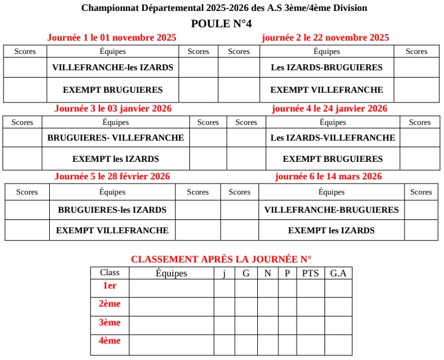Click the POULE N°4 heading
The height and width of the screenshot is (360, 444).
tap(221, 24)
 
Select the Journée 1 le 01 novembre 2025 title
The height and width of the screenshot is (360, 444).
tap(112, 38)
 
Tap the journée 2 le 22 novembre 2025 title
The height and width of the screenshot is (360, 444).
tap(325, 38)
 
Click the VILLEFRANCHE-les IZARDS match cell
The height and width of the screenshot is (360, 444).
tap(113, 67)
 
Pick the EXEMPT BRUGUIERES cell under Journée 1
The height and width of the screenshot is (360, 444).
tap(113, 90)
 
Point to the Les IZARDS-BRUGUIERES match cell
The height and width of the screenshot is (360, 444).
tap(326, 67)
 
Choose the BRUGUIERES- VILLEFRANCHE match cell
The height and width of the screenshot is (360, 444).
tap(115, 138)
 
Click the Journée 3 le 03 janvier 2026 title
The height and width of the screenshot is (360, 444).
tap(113, 109)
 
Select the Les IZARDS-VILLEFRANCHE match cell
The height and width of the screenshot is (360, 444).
tap(332, 138)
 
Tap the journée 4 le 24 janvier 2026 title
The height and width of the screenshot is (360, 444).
tap(329, 109)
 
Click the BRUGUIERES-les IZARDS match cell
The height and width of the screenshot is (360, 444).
tap(112, 210)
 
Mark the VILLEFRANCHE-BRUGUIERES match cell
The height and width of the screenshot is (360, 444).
tap(331, 210)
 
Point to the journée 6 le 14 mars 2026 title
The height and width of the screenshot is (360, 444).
tap(328, 176)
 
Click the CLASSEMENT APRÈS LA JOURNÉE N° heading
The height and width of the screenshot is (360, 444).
tap(221, 259)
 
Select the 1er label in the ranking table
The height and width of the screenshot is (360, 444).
tap(110, 285)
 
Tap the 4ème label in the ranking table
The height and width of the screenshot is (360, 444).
tap(110, 341)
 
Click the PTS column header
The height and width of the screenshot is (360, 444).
tap(311, 273)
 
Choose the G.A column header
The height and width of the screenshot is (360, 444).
tap(338, 273)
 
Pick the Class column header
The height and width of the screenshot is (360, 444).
tap(110, 273)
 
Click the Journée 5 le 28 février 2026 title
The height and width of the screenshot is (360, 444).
tap(112, 176)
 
